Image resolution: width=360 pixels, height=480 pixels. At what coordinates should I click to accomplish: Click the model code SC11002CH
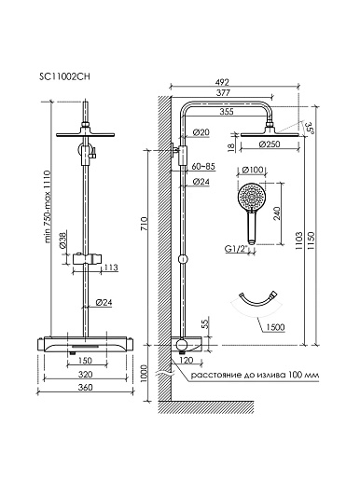click(x=64, y=76)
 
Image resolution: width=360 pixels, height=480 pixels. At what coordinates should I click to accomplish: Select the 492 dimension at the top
click(x=223, y=82)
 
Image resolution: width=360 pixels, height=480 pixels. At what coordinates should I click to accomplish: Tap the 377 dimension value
click(x=223, y=92)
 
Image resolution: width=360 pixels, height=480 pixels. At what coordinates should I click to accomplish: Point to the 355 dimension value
click(x=227, y=111)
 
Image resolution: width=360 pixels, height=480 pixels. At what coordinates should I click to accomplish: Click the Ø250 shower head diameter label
click(x=270, y=144)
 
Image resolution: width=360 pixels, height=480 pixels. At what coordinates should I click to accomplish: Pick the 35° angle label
click(x=311, y=129)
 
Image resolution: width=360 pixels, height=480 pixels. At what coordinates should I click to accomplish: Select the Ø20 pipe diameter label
click(x=201, y=132)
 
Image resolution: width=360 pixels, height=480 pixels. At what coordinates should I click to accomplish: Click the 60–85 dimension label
click(x=203, y=167)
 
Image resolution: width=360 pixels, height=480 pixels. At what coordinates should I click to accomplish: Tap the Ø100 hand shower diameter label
click(x=253, y=170)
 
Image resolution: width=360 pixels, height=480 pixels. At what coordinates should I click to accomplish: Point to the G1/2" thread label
click(x=236, y=249)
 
